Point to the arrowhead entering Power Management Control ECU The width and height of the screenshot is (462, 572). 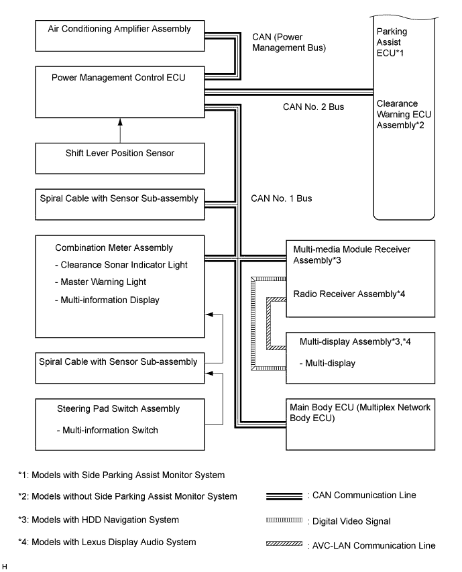pos(120,123)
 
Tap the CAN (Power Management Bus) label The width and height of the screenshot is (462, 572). pos(289,42)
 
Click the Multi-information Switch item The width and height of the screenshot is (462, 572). pos(107,430)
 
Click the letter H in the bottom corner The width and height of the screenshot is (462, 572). pos(5,567)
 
